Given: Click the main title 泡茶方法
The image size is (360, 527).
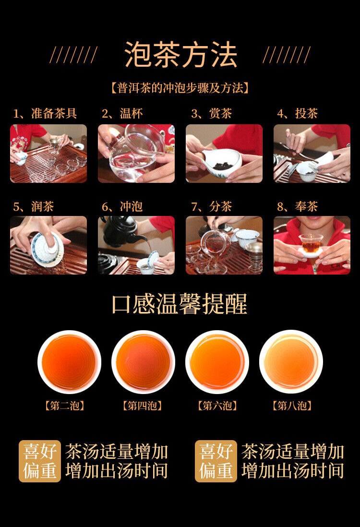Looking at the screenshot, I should (180, 55).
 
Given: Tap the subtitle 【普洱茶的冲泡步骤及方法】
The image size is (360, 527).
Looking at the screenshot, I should (180, 88).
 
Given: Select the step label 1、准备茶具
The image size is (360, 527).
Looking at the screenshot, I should (45, 114).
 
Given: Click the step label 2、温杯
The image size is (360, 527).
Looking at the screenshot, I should (122, 114).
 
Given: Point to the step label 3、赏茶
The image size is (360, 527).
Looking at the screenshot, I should (211, 114).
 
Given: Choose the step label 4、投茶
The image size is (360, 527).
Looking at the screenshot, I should (298, 114).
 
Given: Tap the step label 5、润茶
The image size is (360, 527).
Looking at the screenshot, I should (34, 207).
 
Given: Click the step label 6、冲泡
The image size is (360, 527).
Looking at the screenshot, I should (122, 207).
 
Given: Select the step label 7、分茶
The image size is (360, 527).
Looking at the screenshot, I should (211, 207).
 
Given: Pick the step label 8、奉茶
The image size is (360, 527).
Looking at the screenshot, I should (298, 207).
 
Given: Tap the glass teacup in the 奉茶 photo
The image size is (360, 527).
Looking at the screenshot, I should (311, 244).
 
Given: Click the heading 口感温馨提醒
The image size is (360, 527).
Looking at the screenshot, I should (180, 304).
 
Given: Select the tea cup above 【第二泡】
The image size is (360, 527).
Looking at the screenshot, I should (69, 362).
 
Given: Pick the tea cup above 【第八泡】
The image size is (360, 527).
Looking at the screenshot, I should (291, 362).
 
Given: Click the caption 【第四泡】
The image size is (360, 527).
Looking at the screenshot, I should (143, 406).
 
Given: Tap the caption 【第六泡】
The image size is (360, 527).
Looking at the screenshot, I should (217, 406).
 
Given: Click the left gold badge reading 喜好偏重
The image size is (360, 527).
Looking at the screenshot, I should (40, 461).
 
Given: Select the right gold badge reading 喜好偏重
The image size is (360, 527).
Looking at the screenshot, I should (216, 461).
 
